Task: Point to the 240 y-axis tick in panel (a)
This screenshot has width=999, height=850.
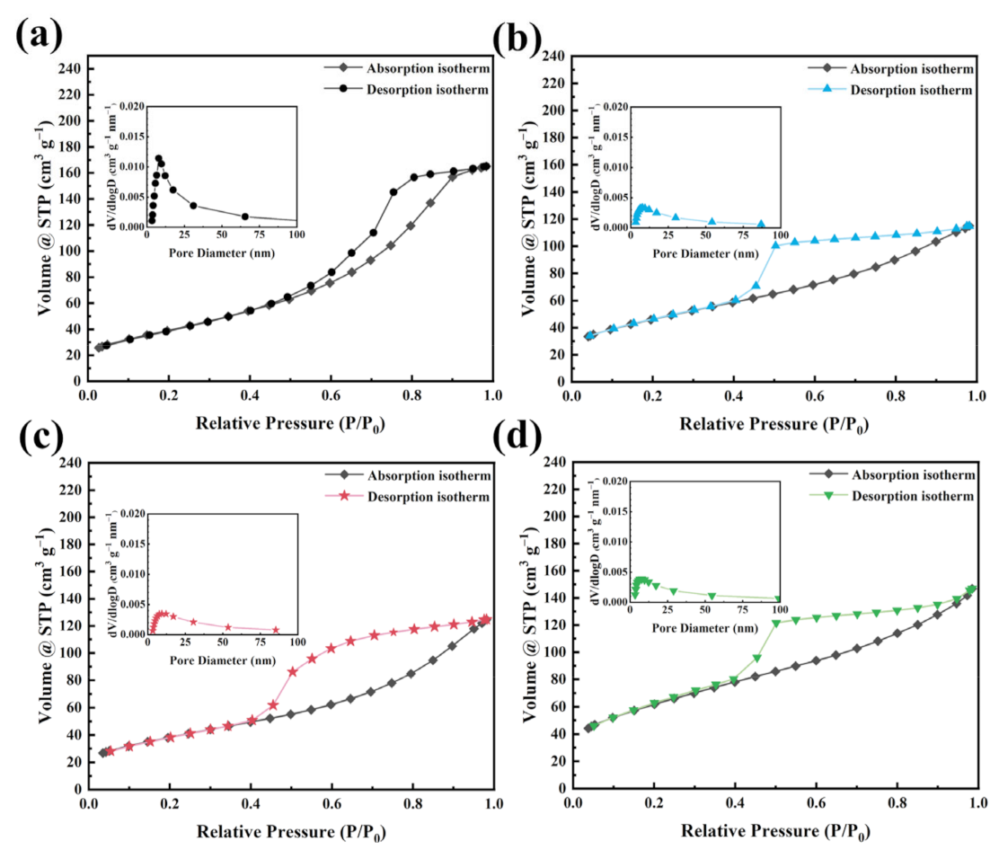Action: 68,69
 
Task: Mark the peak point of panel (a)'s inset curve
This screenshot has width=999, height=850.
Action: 158,158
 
